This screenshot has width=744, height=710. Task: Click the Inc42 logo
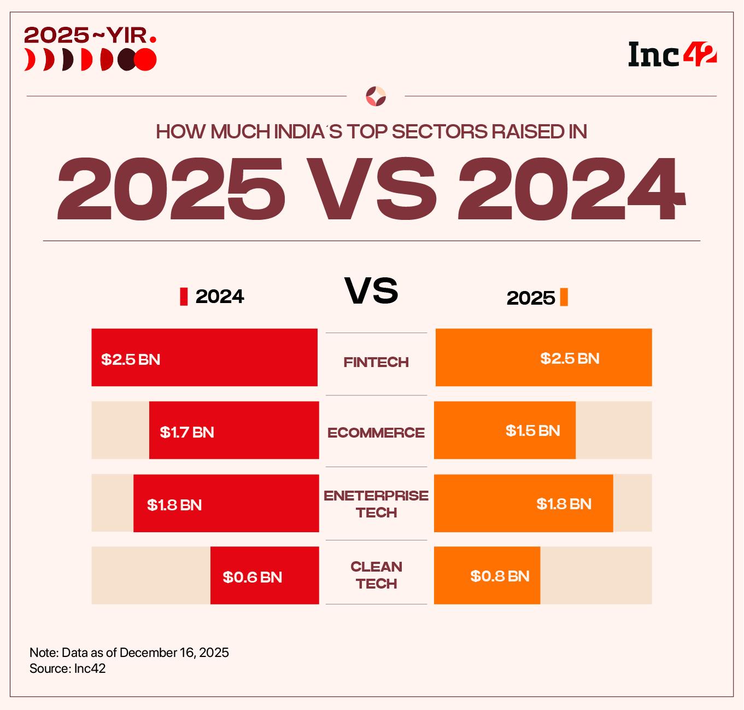click(x=672, y=54)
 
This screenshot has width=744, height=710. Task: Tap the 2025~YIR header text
click(x=90, y=36)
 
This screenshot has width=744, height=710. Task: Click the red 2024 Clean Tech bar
click(x=265, y=575)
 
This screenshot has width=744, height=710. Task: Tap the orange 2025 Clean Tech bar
click(x=487, y=575)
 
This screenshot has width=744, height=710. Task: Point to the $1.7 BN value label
click(x=187, y=432)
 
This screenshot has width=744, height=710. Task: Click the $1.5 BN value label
click(x=532, y=430)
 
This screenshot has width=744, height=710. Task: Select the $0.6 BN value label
click(x=252, y=577)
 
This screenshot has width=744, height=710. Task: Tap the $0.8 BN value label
click(x=500, y=576)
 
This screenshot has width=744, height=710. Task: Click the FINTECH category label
click(x=376, y=362)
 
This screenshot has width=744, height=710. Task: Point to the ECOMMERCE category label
click(x=376, y=433)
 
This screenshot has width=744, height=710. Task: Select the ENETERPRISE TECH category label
click(x=376, y=504)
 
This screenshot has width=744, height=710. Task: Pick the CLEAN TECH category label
click(x=376, y=575)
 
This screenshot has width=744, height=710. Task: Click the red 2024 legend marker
click(x=184, y=296)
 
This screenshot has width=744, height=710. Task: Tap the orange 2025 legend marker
click(x=564, y=297)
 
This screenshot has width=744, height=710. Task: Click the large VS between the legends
click(x=371, y=291)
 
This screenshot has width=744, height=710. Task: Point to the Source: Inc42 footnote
click(x=68, y=668)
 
